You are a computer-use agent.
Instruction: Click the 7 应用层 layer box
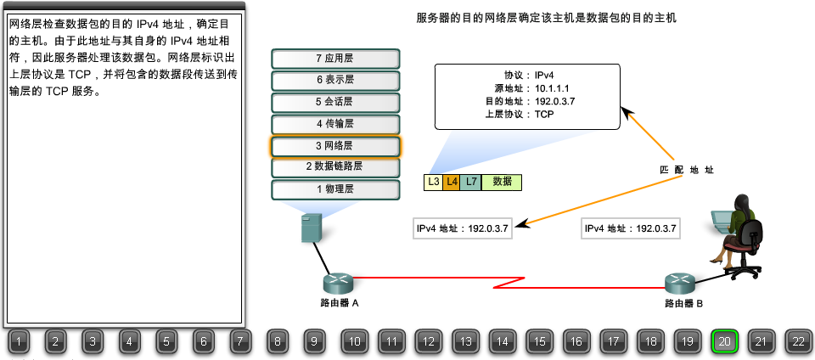pyautogui.click(x=334, y=59)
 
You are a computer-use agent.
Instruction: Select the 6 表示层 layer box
pyautogui.click(x=334, y=81)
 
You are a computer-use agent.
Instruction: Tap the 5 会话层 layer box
pyautogui.click(x=334, y=103)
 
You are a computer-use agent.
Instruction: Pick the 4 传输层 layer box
pyautogui.click(x=334, y=125)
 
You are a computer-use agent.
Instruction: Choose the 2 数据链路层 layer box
pyautogui.click(x=334, y=167)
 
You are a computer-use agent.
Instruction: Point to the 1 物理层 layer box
pyautogui.click(x=334, y=189)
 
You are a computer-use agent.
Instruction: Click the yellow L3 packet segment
pyautogui.click(x=433, y=182)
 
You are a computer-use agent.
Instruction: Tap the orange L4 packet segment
pyautogui.click(x=452, y=182)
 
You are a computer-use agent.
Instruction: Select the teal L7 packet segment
pyautogui.click(x=471, y=182)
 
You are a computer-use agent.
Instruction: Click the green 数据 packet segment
pyautogui.click(x=502, y=182)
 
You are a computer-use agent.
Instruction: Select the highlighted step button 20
pyautogui.click(x=725, y=342)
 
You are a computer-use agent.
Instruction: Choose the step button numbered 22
pyautogui.click(x=799, y=342)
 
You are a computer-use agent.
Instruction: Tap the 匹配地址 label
pyautogui.click(x=687, y=170)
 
